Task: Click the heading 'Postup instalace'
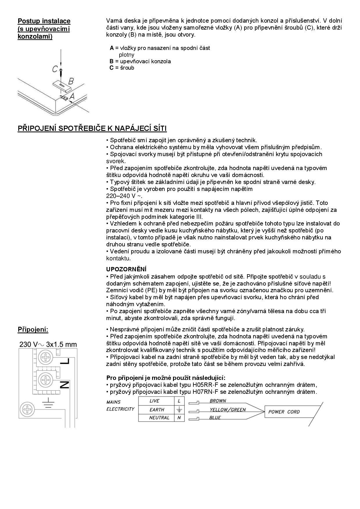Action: pos(44,21)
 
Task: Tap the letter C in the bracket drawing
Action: pos(55,69)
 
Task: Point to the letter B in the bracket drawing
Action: pos(71,81)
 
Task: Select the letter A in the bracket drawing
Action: pos(72,96)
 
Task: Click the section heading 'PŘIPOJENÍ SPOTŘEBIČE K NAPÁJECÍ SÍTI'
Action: pos(92,129)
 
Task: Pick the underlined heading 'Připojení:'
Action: pos(33,330)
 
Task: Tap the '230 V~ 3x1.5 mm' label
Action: pos(48,345)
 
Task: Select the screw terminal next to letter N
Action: pos(46,380)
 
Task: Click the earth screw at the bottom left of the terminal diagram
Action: pos(27,410)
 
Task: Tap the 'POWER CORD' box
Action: pos(284,412)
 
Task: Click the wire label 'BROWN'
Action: pos(218,401)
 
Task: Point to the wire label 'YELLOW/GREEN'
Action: pos(228,410)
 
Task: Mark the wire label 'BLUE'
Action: pos(215,418)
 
